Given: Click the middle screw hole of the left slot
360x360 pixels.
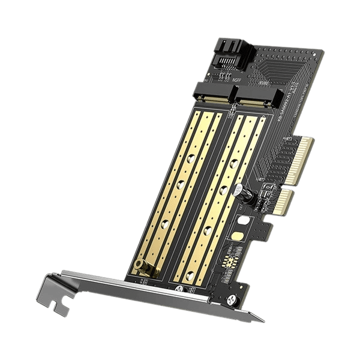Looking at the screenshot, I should (x=179, y=184).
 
